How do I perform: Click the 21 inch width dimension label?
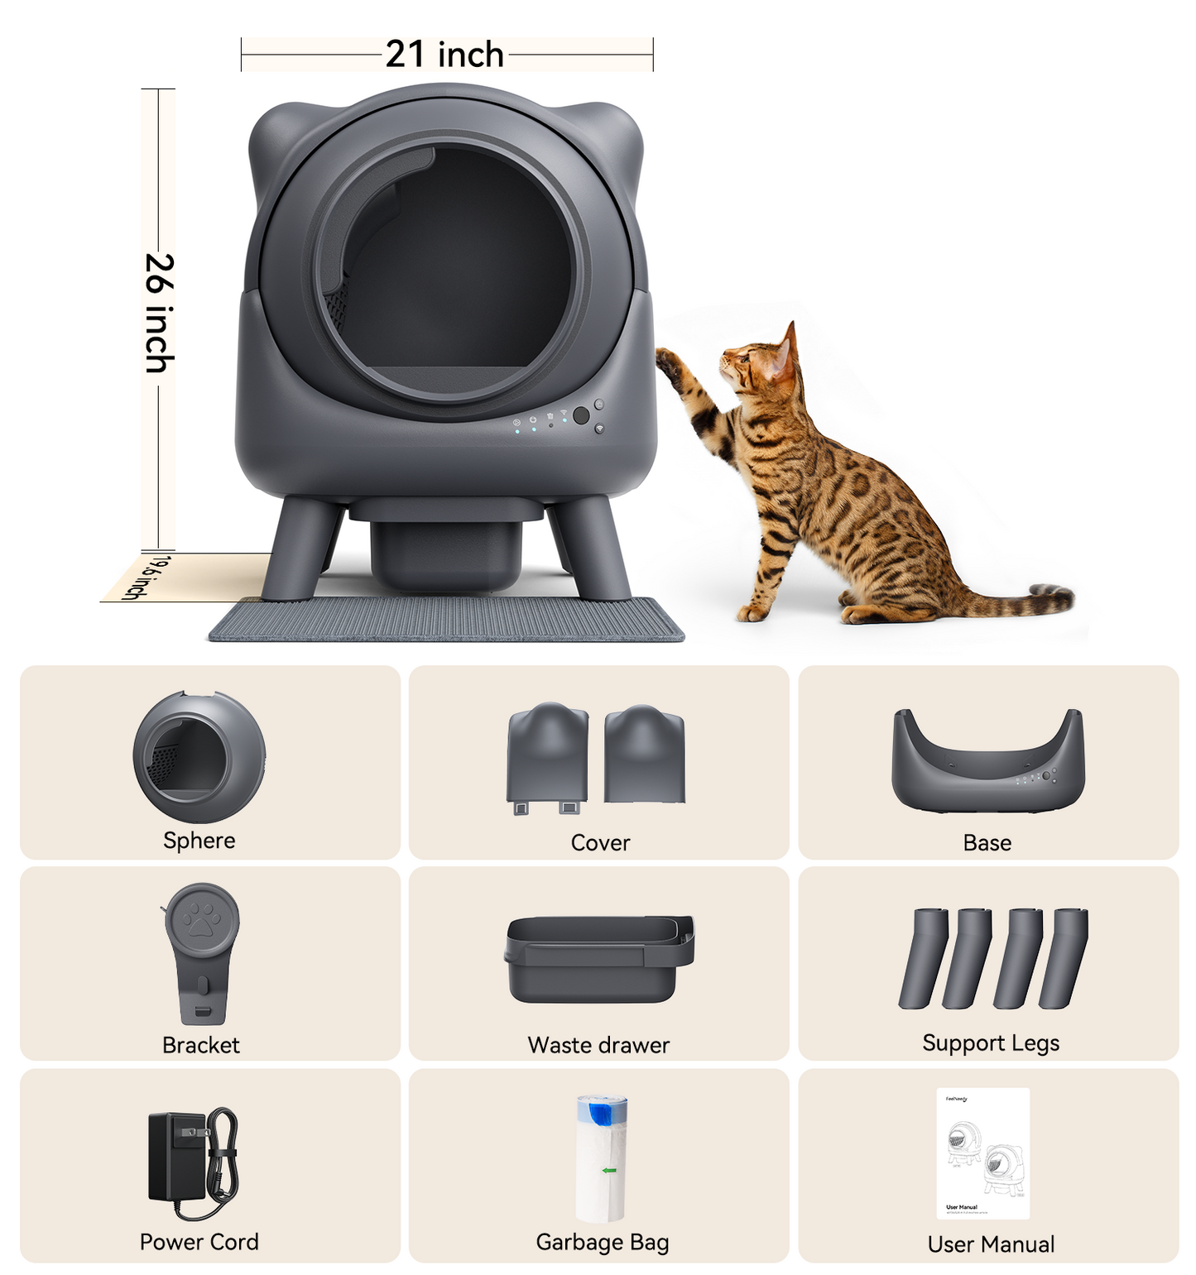click(x=444, y=55)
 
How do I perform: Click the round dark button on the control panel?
click(x=581, y=415)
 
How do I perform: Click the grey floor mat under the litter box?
click(x=447, y=621)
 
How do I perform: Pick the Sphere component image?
click(x=199, y=756)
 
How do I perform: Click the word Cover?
click(x=600, y=842)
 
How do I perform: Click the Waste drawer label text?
click(x=598, y=1045)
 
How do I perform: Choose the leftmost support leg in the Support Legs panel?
click(x=921, y=958)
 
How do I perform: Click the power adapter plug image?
click(x=178, y=1156)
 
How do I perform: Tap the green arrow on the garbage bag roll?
click(x=609, y=1170)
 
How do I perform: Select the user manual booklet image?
click(x=983, y=1153)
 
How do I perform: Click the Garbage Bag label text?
click(x=603, y=1242)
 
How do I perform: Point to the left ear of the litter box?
click(x=277, y=137)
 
